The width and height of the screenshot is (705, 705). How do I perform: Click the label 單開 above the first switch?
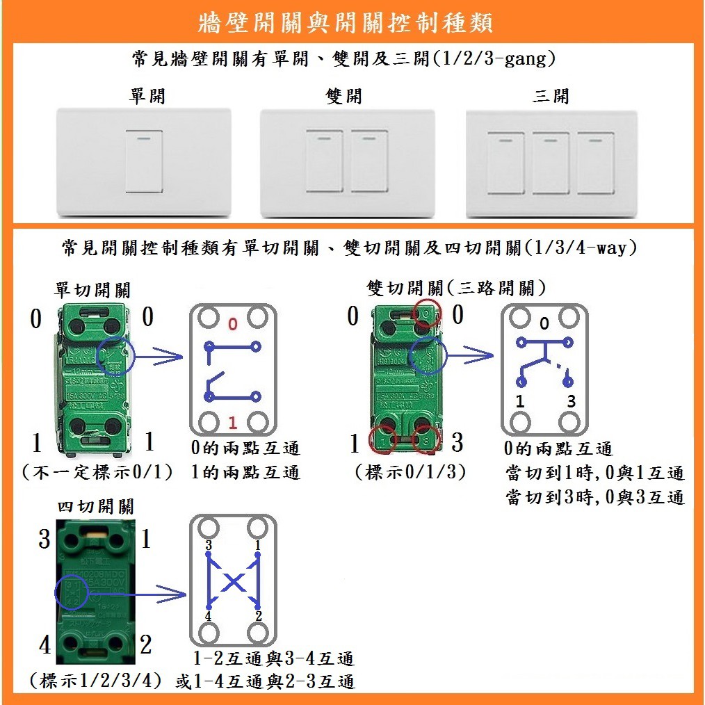pos(147,95)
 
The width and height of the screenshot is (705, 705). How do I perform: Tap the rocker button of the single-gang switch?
pos(144,161)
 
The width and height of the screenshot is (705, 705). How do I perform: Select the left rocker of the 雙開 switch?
pos(325,161)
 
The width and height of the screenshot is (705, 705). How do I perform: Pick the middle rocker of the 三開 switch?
pos(551,163)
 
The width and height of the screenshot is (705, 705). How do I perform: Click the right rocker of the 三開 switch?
pos(596,163)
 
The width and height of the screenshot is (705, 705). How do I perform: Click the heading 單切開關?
pos(92,289)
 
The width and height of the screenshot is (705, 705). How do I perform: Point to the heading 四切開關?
pos(96,505)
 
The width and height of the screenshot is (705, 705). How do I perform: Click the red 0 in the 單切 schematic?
pos(233,323)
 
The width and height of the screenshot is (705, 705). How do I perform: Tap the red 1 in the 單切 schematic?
pos(233,422)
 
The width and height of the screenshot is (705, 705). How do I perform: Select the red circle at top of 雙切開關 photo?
pos(426,314)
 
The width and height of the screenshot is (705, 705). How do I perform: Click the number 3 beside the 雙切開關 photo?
pos(457,442)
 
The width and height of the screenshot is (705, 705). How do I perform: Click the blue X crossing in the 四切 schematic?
pos(234,581)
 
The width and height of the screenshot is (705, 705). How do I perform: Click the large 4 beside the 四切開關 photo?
pos(45,645)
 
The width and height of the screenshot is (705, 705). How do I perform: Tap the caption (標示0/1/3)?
pos(410,472)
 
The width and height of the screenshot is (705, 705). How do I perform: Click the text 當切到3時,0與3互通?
pos(595,497)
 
